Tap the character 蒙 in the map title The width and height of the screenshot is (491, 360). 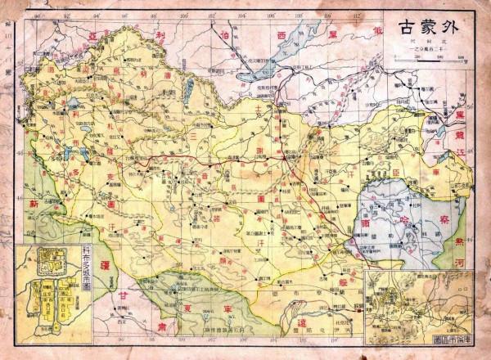click(x=433, y=24)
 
